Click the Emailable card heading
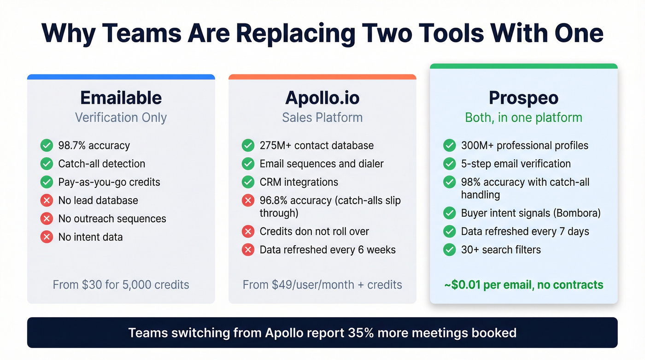click(121, 98)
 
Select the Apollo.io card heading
click(322, 98)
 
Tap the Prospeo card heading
click(523, 98)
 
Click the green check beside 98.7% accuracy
click(47, 146)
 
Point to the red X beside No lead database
click(47, 201)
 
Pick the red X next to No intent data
click(47, 237)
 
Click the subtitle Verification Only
click(121, 118)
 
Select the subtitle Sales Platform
click(322, 118)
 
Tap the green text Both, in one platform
click(523, 118)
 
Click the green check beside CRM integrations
click(248, 182)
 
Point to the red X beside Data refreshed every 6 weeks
click(248, 250)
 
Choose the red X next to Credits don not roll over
click(248, 231)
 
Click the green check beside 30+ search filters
click(449, 250)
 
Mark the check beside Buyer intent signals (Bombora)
click(449, 213)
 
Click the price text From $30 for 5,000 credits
click(121, 284)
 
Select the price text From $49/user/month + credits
click(322, 284)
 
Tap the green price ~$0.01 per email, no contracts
click(523, 284)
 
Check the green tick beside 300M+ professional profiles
click(449, 146)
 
